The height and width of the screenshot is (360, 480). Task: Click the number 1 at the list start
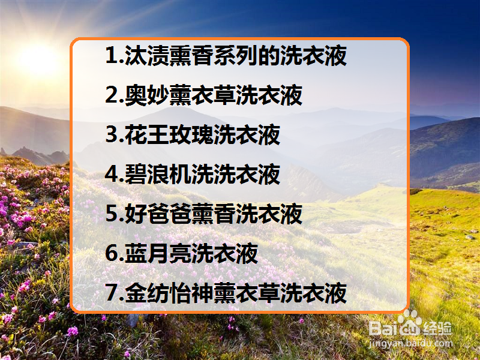110,56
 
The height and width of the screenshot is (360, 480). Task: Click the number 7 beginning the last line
110,294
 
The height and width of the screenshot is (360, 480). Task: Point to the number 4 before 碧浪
110,175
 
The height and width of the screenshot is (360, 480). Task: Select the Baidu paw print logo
410,324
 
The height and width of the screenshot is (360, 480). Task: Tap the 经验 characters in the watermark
438,328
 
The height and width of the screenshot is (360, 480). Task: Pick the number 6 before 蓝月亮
110,254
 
